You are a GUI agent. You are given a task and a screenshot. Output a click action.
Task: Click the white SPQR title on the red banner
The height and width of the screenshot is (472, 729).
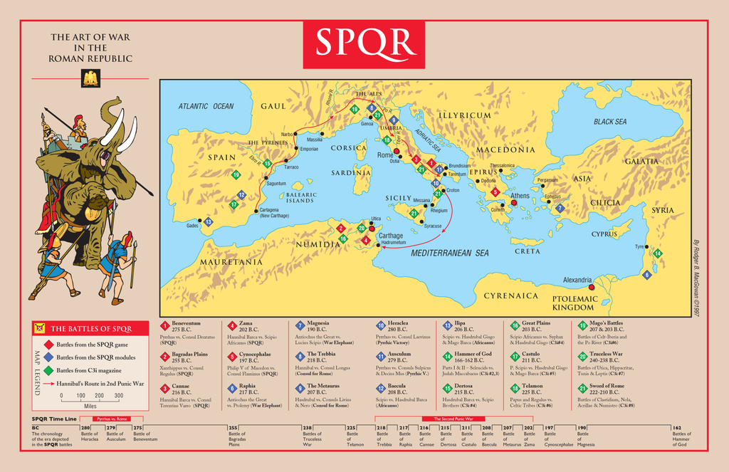(x=364, y=43)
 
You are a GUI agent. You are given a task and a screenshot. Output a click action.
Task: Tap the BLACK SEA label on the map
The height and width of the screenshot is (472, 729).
(x=610, y=122)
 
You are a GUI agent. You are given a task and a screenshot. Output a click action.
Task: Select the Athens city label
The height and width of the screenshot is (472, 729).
(x=520, y=196)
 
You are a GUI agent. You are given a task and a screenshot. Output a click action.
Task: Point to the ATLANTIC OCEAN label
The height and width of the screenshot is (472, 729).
(x=206, y=107)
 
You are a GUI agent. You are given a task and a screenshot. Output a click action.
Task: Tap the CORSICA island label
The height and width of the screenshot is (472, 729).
(x=349, y=148)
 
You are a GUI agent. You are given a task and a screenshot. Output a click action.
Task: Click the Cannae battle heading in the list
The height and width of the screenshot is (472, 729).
(x=180, y=386)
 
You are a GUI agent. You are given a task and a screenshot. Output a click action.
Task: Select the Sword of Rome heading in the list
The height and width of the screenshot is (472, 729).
(x=607, y=386)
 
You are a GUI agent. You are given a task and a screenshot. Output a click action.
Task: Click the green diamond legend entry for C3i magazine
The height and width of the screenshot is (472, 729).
(x=48, y=369)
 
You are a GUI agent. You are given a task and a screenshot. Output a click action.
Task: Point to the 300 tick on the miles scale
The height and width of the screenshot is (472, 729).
(x=118, y=395)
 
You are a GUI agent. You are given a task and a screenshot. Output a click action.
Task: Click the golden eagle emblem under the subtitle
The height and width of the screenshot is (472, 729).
(x=90, y=79)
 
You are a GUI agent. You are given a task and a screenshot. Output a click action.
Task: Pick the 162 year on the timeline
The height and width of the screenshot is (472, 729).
(x=677, y=427)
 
